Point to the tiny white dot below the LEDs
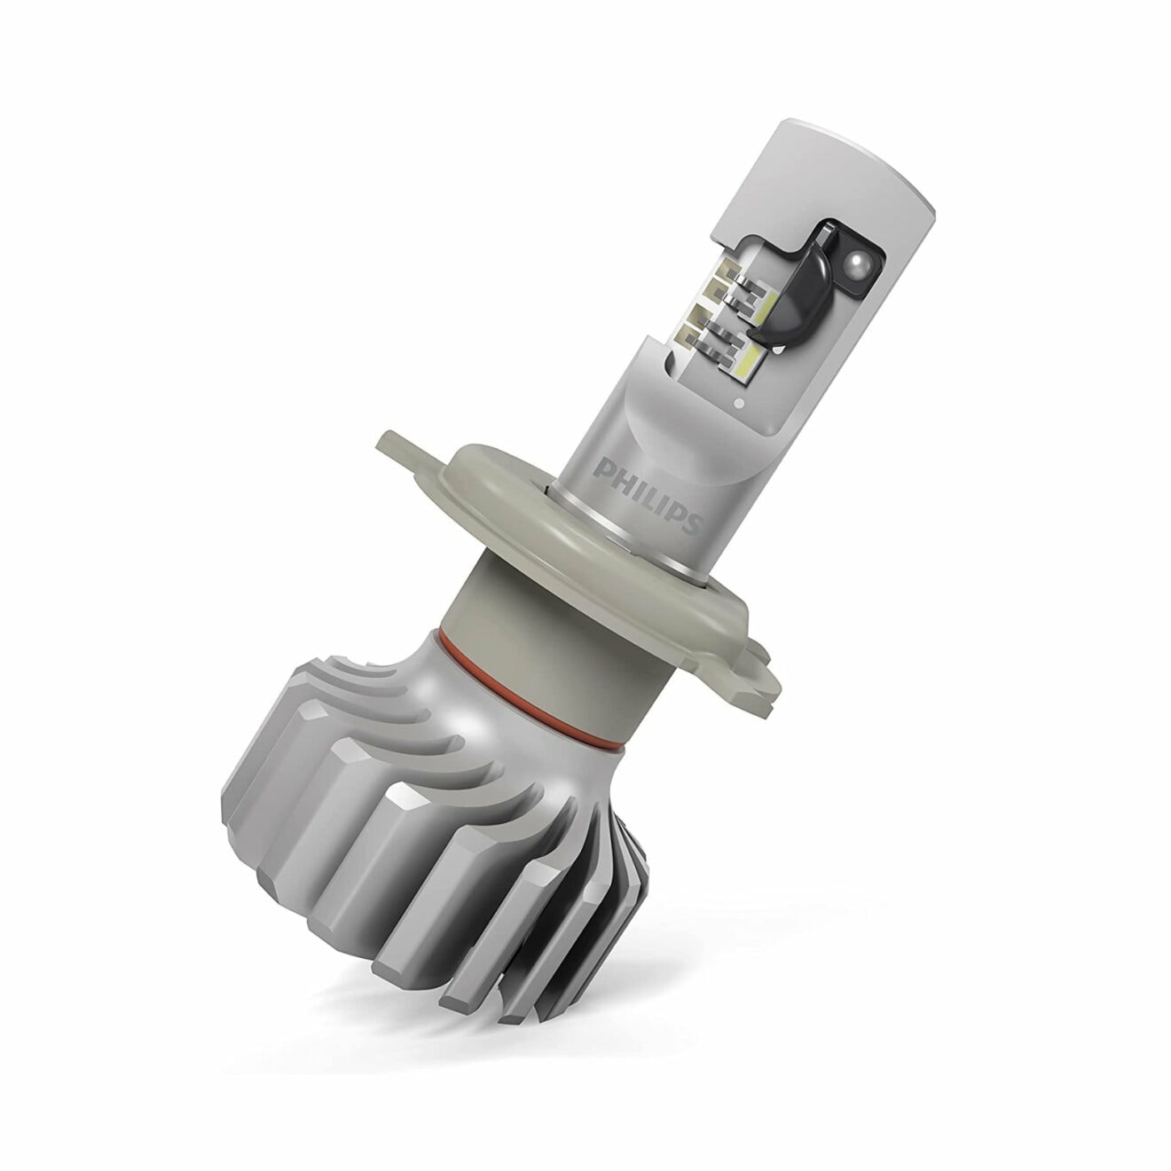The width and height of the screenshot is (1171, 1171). tap(739, 405)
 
